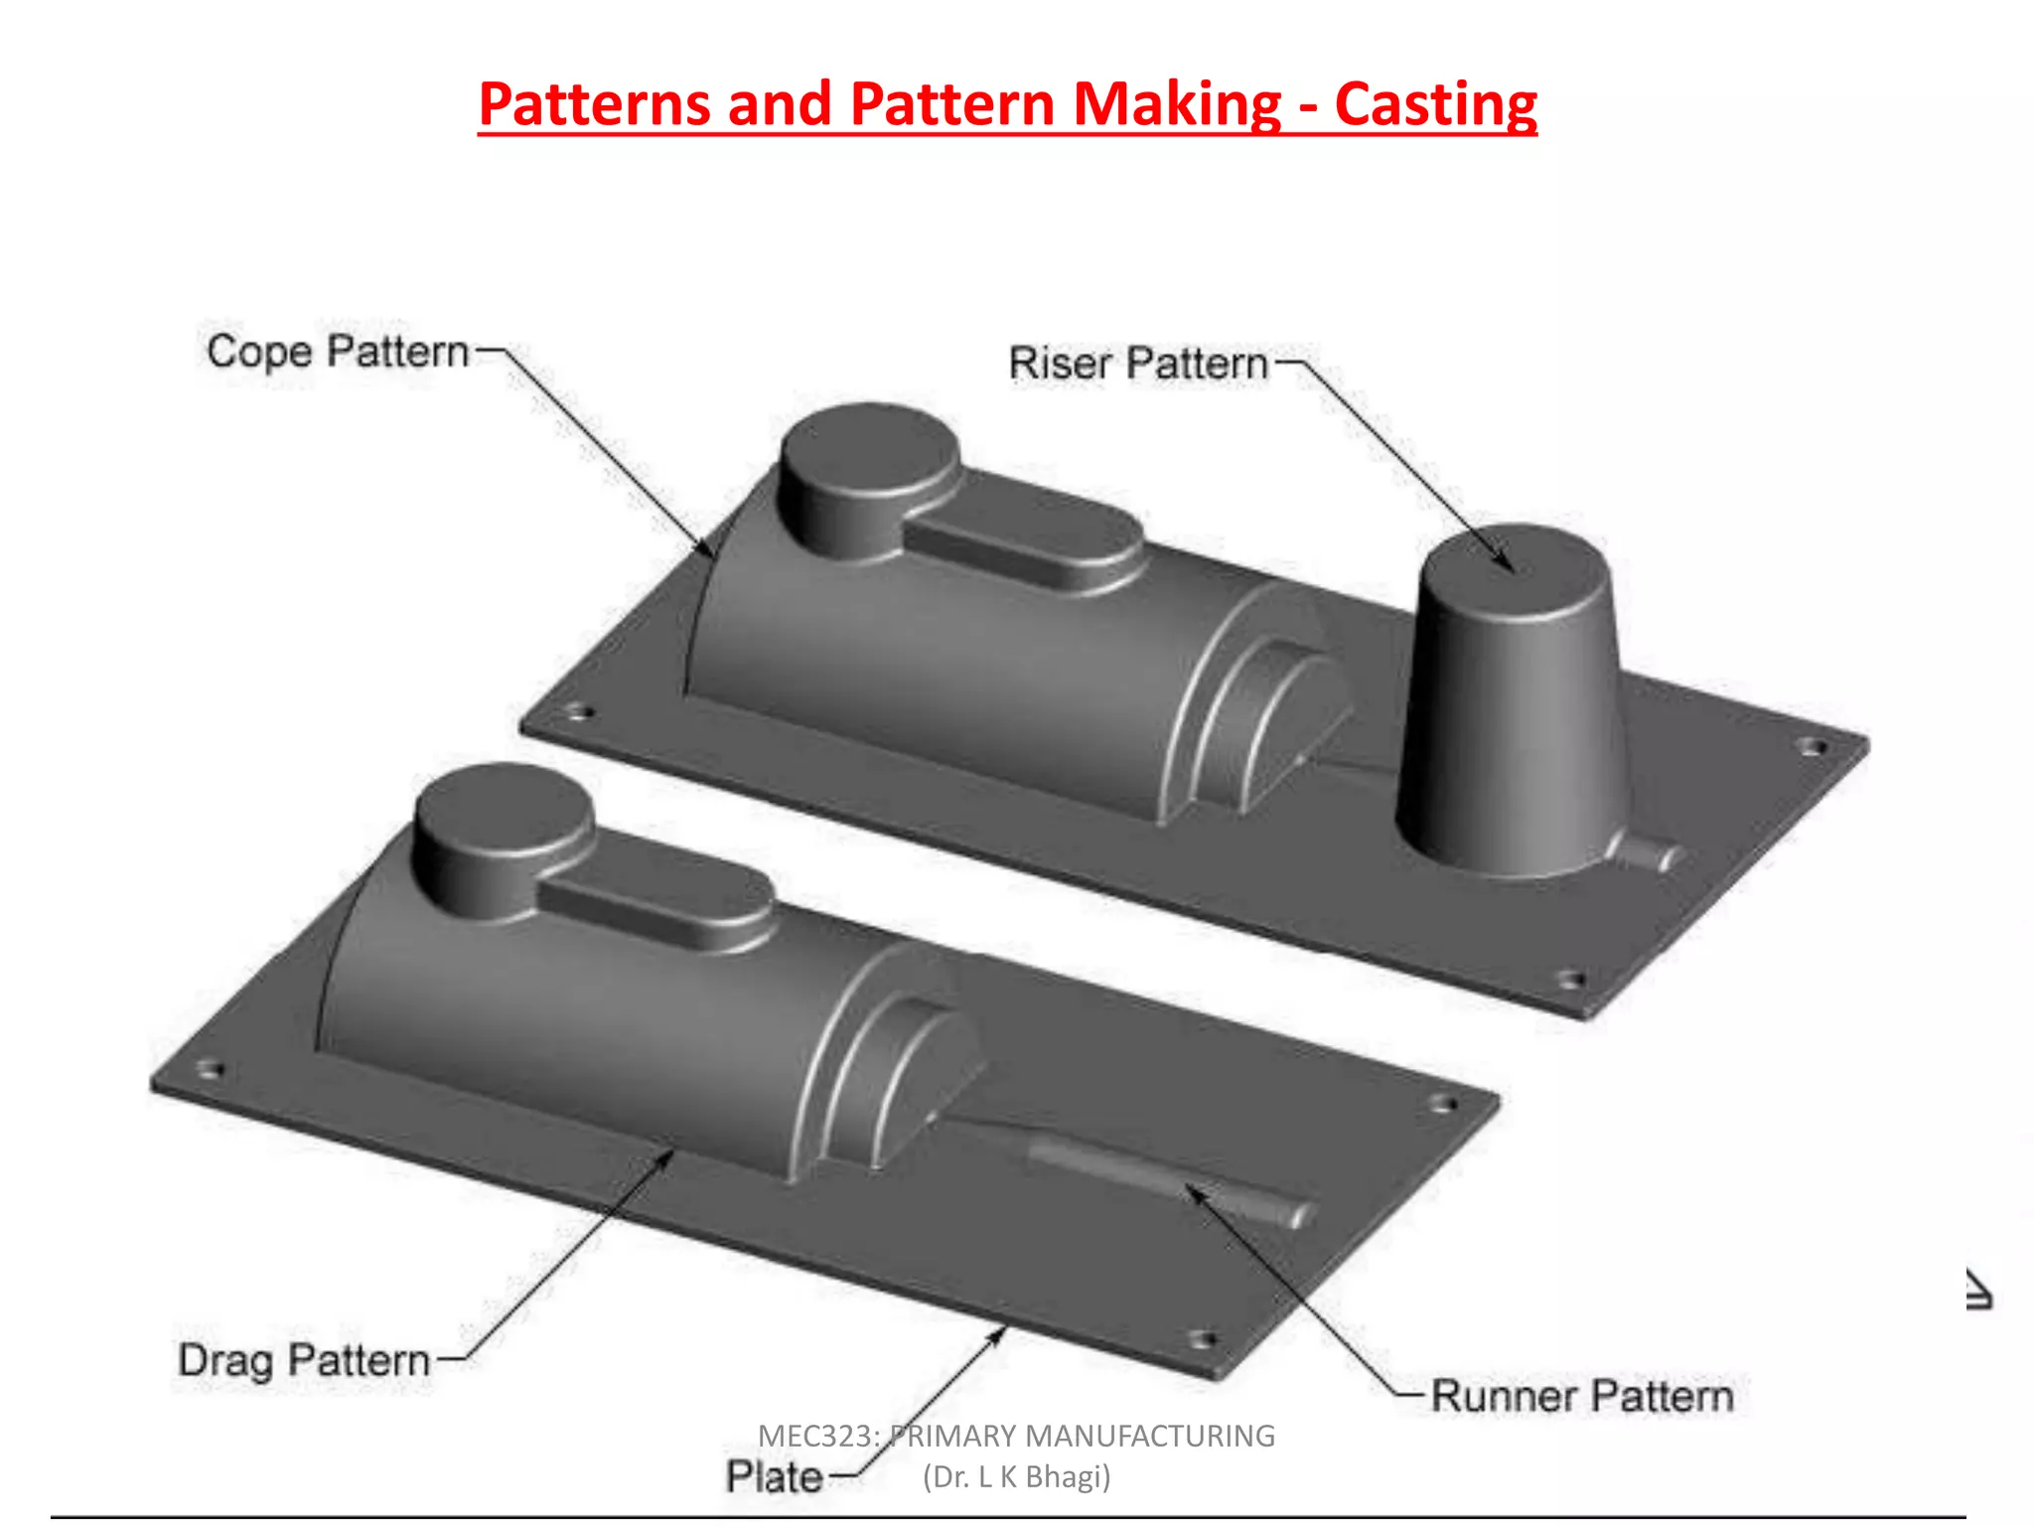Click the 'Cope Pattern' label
click(x=337, y=352)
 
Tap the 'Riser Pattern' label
click(x=1138, y=364)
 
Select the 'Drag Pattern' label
click(x=304, y=1360)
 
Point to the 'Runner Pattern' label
click(x=1581, y=1396)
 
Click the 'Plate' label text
click(x=774, y=1476)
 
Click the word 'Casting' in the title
click(x=1435, y=104)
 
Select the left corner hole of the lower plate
click(x=210, y=1070)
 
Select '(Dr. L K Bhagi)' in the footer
click(x=1016, y=1477)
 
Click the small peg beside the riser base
click(x=1654, y=853)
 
